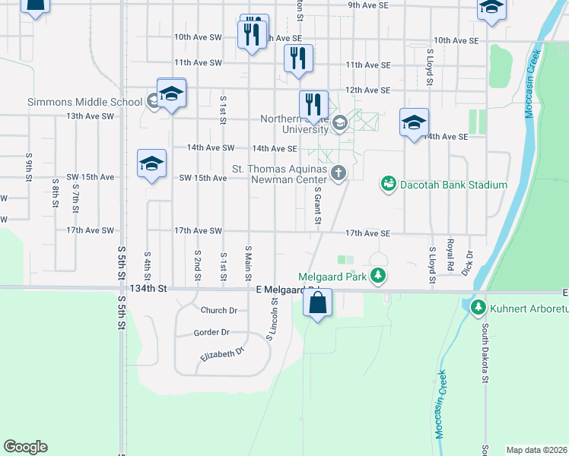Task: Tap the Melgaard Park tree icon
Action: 379,276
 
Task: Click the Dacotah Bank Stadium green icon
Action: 389,184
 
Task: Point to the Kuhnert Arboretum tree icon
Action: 478,308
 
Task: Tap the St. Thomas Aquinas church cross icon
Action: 339,174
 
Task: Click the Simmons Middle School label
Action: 84,102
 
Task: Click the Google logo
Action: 25,447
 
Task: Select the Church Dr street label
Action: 219,310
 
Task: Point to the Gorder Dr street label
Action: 211,332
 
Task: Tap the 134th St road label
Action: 148,289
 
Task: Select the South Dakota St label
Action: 485,353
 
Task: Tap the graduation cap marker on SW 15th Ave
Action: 151,163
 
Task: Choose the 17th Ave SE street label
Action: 367,233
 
